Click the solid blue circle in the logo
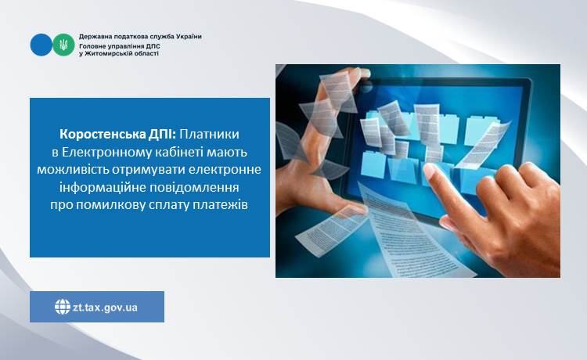click(41, 45)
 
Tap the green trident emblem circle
click(63, 45)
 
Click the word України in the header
click(189, 37)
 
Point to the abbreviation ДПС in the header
click(152, 46)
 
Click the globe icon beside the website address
click(63, 307)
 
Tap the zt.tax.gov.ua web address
click(105, 308)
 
